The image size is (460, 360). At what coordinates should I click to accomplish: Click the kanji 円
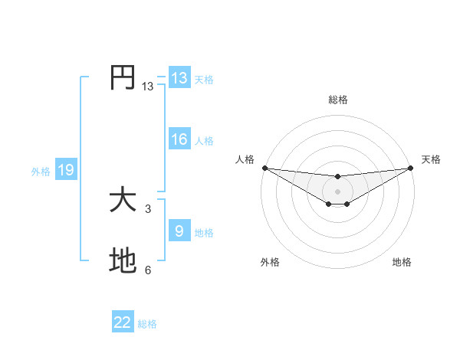point(123,77)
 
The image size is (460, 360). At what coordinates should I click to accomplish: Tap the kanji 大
point(123,201)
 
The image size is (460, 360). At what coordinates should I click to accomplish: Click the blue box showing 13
point(179,78)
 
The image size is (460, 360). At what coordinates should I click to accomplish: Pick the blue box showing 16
point(179,139)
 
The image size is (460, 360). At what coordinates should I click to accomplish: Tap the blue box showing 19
point(66,170)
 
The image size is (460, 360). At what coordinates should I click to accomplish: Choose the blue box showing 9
point(179,231)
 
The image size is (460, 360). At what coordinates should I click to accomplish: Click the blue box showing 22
point(123,322)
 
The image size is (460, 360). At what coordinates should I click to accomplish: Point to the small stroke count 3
point(148,208)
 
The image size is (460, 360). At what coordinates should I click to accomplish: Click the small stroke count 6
point(148,270)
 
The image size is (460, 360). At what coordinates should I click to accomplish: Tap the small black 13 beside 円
point(148,87)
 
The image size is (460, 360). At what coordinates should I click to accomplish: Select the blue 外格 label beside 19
point(41,172)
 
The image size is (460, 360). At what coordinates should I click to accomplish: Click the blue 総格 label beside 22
point(147,324)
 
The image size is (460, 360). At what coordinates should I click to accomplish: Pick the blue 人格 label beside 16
point(204,141)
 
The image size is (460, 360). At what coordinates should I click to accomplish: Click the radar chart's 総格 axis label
point(337,100)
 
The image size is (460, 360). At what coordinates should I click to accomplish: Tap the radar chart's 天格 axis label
point(432,159)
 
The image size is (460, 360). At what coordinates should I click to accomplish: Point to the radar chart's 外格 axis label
point(270,263)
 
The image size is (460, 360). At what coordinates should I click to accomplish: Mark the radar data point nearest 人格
point(264,168)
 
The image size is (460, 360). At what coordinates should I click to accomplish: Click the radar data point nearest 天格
point(410,168)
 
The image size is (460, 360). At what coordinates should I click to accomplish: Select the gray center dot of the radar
point(337,191)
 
